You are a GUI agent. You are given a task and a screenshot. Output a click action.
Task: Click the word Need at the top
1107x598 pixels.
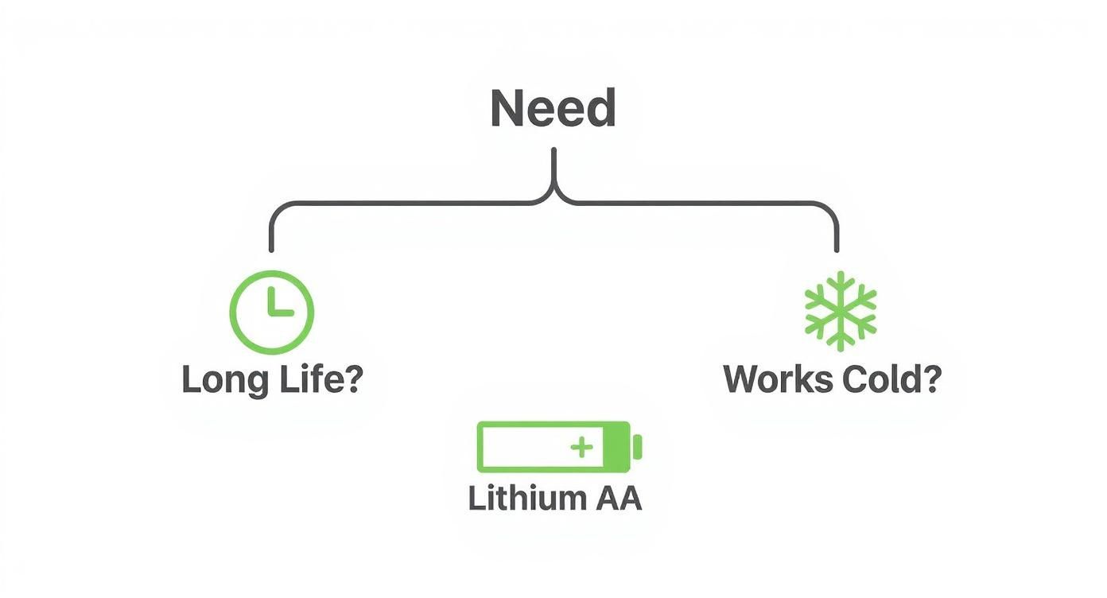(553, 109)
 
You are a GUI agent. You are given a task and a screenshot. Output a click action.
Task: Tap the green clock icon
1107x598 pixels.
(272, 312)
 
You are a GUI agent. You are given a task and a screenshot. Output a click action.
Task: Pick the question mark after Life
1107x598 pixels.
(352, 379)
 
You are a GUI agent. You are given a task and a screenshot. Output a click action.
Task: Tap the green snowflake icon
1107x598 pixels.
(840, 311)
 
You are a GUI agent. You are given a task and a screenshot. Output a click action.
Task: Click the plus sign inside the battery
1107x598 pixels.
(582, 448)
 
